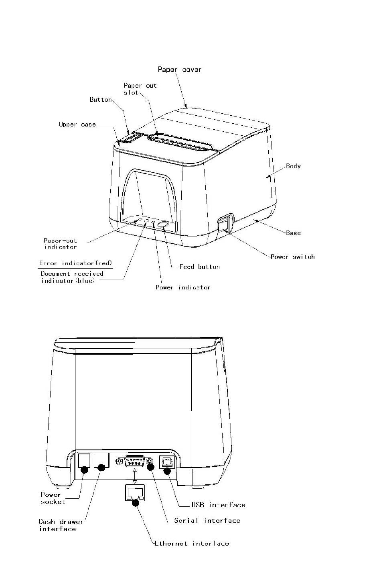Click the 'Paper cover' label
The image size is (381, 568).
(x=179, y=70)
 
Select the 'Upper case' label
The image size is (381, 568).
(x=77, y=124)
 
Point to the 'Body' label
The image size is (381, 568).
(x=293, y=166)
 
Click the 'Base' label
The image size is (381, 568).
(x=293, y=233)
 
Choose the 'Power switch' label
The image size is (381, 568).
(x=292, y=257)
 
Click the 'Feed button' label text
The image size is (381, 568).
(x=199, y=267)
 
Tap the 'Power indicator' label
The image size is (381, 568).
(x=183, y=287)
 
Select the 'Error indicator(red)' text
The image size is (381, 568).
(x=75, y=263)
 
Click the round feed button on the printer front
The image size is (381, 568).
(x=164, y=225)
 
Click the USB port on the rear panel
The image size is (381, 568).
(x=166, y=462)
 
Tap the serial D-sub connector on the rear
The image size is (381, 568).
(x=134, y=462)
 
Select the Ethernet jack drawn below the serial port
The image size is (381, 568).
(x=134, y=492)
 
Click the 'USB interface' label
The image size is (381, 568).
(x=218, y=505)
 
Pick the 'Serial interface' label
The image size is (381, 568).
(x=207, y=520)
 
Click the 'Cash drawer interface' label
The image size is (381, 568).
(x=61, y=525)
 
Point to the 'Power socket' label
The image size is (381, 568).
(x=53, y=498)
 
